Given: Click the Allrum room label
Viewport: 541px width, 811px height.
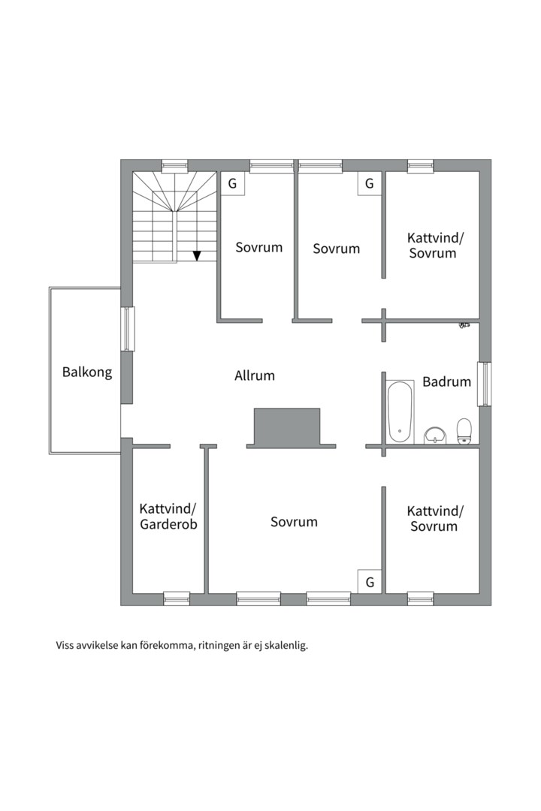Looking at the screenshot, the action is pos(254,375).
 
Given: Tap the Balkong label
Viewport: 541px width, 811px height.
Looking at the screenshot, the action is pos(87,372).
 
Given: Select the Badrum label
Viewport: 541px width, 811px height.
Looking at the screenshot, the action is pos(447,381).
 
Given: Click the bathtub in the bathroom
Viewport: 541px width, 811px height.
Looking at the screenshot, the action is pos(400,412).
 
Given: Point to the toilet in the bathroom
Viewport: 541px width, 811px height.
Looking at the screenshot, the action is pos(464,431).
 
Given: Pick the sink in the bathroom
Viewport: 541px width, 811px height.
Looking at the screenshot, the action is pos(435,436).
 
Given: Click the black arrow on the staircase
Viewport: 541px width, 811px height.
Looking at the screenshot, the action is pos(197,255).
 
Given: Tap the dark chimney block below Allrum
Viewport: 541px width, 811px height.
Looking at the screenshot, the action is pos(287,427).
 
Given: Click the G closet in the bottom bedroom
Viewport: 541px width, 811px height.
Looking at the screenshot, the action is pos(370,582).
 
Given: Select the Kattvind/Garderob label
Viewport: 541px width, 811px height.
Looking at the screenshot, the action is pos(169,516).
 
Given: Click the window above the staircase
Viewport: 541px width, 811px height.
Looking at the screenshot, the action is pos(174,165).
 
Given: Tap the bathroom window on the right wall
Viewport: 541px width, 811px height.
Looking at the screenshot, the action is pos(484,384).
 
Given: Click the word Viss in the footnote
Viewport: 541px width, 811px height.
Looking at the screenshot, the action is pos(64,646).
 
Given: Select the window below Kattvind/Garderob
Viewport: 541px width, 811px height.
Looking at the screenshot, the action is pos(177,599).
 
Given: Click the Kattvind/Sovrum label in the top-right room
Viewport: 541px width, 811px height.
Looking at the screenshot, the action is pos(435,245).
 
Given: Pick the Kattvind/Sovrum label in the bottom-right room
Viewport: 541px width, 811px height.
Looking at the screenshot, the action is pos(435,518).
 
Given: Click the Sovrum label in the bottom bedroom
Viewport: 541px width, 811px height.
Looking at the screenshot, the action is pos(294,521).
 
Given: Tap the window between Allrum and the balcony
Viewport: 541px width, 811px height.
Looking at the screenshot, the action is pos(127,329).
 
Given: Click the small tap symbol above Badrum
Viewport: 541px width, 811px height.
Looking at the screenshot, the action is pos(464,325).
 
